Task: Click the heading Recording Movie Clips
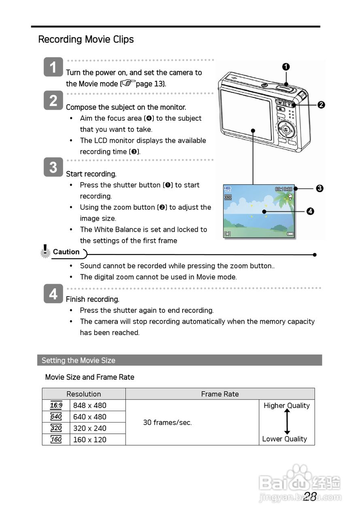[86, 39]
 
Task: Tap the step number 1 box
[53, 67]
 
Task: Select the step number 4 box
[53, 294]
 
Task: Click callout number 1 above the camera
[286, 67]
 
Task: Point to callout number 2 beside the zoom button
[321, 105]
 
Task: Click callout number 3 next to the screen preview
[319, 188]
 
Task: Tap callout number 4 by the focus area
[310, 211]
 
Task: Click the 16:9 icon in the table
[56, 405]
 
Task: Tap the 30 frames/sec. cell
[167, 422]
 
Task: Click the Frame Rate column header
[220, 394]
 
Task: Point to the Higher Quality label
[287, 405]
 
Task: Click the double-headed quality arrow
[287, 422]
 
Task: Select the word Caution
[66, 252]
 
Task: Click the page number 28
[310, 497]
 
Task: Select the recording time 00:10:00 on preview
[283, 189]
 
